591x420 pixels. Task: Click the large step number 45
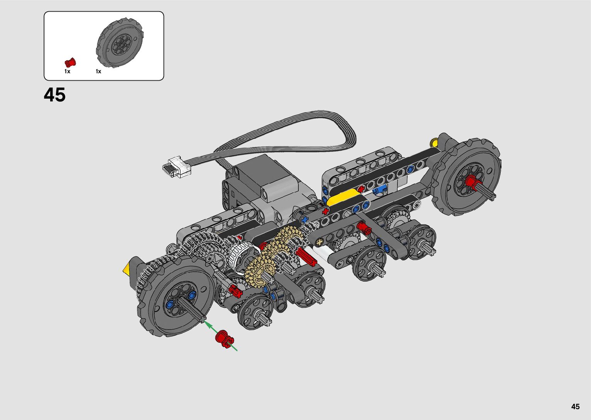pyautogui.click(x=54, y=94)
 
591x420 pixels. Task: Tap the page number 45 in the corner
pyautogui.click(x=576, y=406)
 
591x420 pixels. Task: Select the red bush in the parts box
pyautogui.click(x=70, y=62)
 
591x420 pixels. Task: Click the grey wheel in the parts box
pyautogui.click(x=120, y=43)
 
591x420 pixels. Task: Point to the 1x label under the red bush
pyautogui.click(x=67, y=71)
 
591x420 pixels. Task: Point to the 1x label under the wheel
pyautogui.click(x=98, y=71)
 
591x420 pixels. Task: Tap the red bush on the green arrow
pyautogui.click(x=225, y=339)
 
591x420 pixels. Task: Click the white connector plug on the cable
pyautogui.click(x=176, y=167)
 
